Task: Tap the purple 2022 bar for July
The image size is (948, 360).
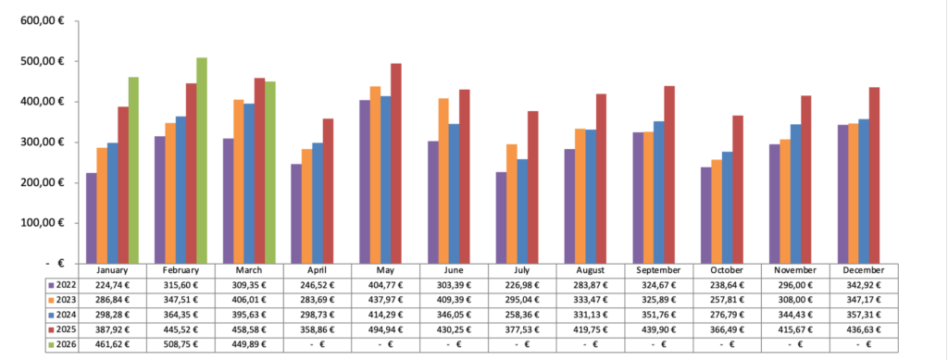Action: pos(501,217)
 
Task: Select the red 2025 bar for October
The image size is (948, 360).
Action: pos(738,189)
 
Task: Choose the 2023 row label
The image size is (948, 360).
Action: pos(63,300)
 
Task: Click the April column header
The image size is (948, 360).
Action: pos(318,270)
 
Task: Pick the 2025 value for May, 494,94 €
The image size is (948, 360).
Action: pos(386,330)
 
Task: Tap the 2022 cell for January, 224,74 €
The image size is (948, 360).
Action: pos(112,285)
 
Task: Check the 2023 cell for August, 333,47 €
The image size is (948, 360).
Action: pos(591,300)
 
